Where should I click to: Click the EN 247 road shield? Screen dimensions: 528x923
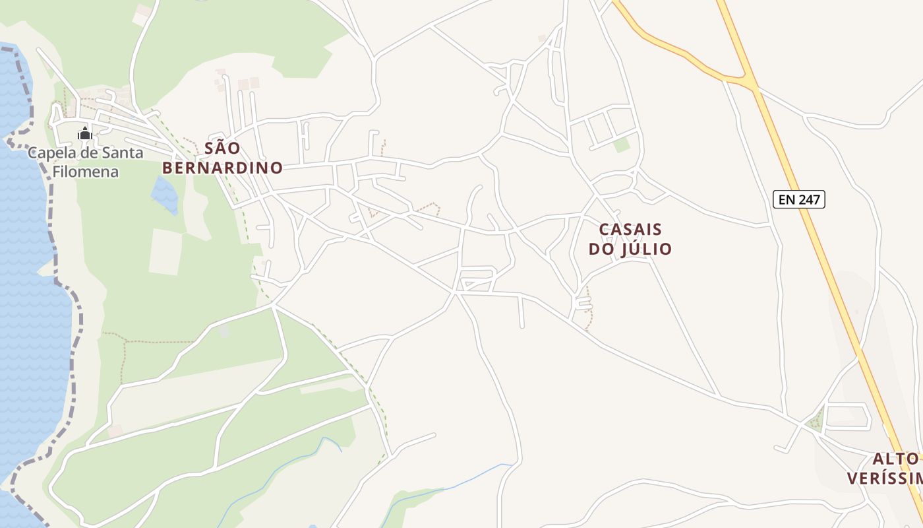(799, 199)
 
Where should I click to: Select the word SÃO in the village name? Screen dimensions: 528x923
(222, 148)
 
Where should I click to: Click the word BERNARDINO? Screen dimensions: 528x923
(222, 168)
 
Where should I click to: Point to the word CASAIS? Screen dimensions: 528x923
(630, 230)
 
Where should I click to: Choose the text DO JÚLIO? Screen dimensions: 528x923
(630, 249)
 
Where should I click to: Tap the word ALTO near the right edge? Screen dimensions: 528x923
(896, 459)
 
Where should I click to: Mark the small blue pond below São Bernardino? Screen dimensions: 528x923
(164, 194)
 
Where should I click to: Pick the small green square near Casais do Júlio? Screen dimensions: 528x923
(622, 145)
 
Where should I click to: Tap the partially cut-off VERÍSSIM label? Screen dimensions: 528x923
(883, 478)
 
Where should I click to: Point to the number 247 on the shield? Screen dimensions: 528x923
(808, 199)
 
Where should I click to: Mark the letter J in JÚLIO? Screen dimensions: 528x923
(622, 249)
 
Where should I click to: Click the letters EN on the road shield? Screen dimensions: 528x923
(787, 199)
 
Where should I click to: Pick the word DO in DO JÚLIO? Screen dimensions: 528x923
(600, 249)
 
